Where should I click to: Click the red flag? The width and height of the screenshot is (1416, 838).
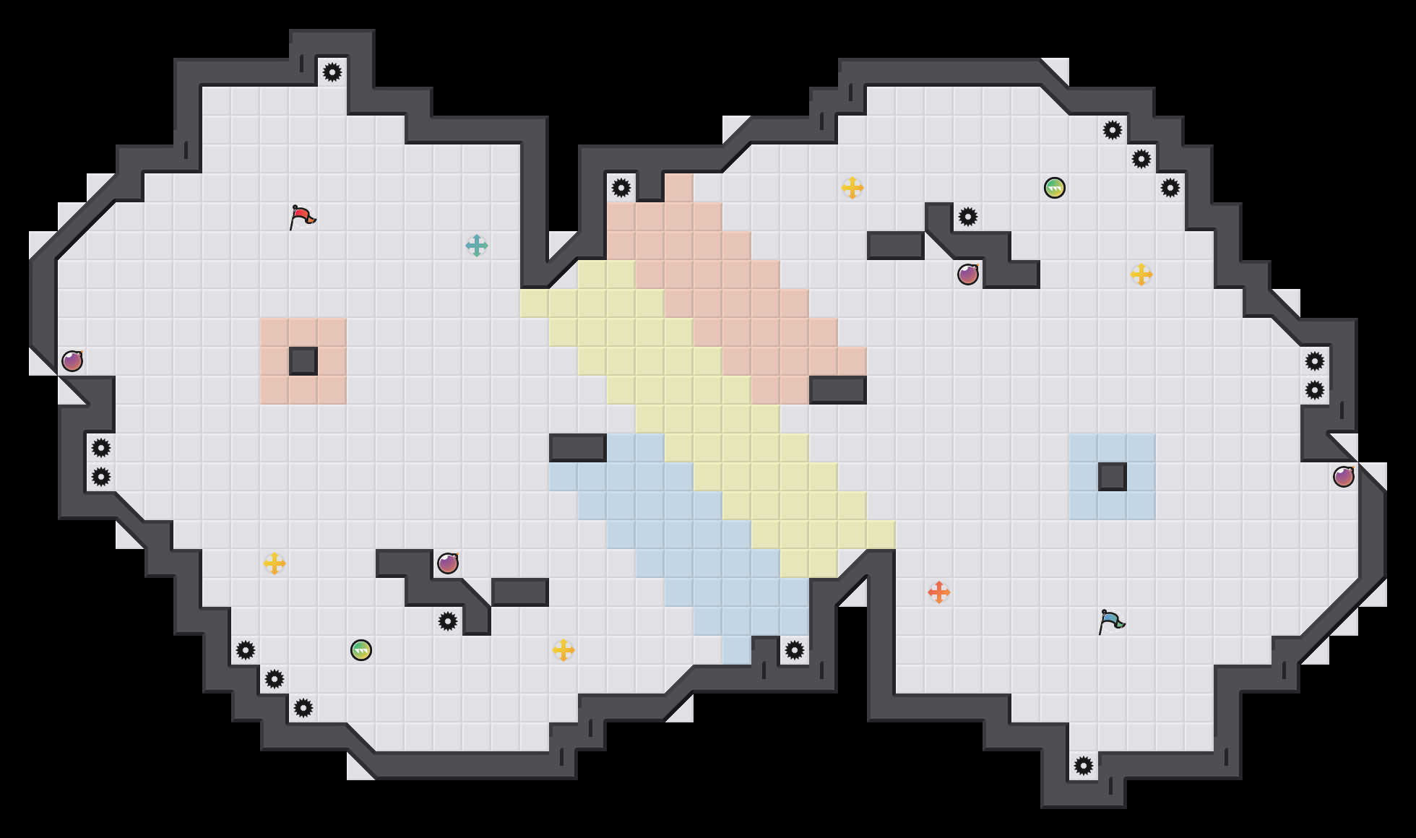(x=302, y=217)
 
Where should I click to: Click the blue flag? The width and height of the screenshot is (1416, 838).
(x=1111, y=621)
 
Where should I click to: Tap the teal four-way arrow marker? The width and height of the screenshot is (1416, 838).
(x=477, y=246)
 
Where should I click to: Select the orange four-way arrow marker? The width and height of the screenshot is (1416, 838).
(x=939, y=592)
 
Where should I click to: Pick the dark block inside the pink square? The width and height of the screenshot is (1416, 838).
(x=303, y=361)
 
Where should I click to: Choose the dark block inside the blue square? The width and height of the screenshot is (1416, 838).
(x=1113, y=477)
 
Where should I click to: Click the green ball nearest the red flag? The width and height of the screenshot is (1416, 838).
(x=361, y=650)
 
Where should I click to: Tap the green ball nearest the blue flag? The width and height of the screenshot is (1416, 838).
(x=1055, y=188)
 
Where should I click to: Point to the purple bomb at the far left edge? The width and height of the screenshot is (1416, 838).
(x=72, y=361)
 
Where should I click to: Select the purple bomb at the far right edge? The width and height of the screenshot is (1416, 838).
(x=1344, y=477)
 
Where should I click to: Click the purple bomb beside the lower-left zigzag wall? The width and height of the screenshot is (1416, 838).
(x=448, y=563)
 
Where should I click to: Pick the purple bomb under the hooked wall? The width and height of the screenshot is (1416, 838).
(x=968, y=275)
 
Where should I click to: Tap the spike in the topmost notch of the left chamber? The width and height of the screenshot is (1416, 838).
(x=332, y=72)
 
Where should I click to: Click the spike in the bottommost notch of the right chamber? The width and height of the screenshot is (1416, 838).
(x=1084, y=766)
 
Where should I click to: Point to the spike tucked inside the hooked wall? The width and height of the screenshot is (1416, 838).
(x=968, y=217)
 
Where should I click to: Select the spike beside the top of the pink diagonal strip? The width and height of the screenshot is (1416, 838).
(x=621, y=188)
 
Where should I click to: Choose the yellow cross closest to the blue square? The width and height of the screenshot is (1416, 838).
(x=1141, y=275)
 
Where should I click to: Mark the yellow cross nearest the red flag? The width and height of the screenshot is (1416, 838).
(x=275, y=563)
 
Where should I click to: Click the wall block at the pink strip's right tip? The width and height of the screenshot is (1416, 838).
(x=838, y=390)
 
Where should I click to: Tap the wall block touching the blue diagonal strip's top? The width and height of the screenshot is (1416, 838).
(x=578, y=448)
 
